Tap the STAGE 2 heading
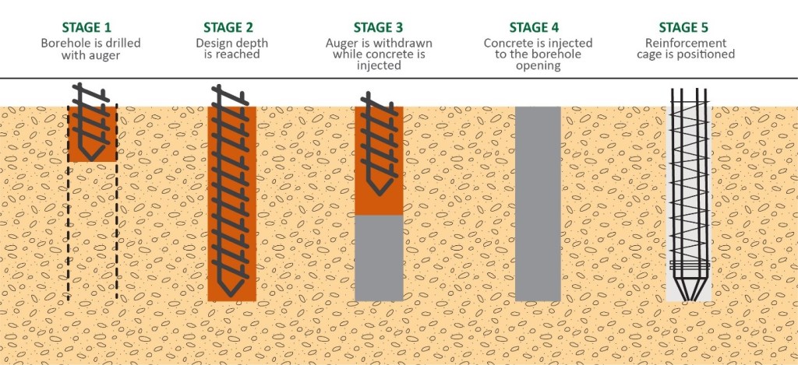227,28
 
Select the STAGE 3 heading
378,28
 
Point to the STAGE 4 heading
538,28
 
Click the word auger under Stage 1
103,54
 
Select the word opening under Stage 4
538,66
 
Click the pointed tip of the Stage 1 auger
92,158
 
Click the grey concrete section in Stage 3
379,257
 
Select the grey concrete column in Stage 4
538,202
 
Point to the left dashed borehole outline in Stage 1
68,233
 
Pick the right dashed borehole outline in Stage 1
117,233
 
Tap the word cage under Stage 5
662,54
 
